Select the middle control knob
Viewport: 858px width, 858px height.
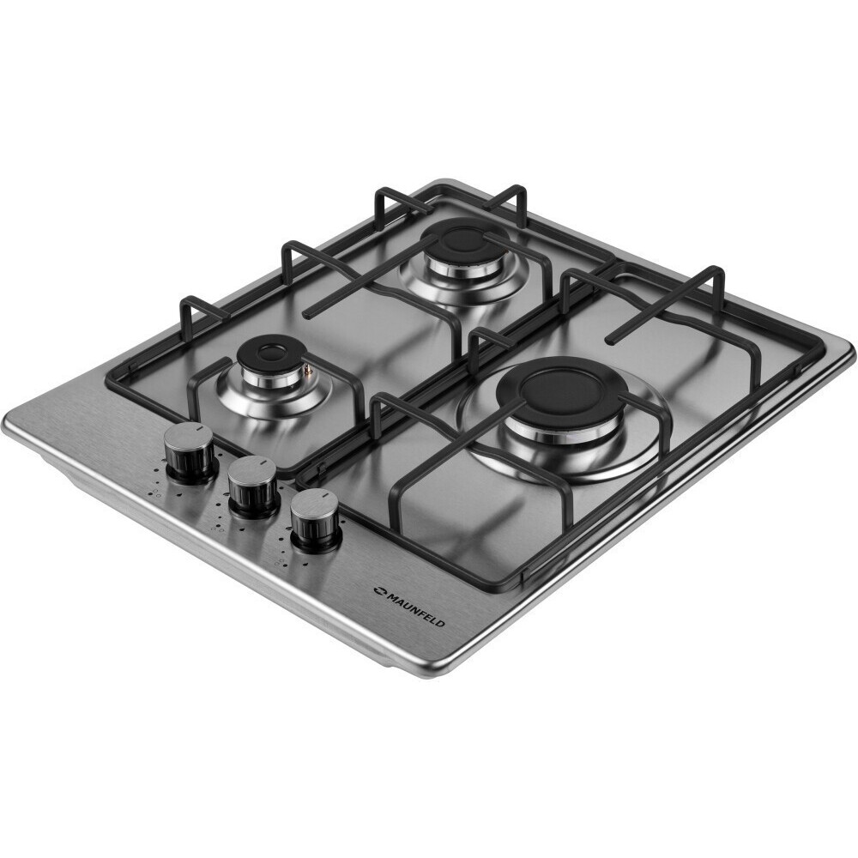point(252,486)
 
